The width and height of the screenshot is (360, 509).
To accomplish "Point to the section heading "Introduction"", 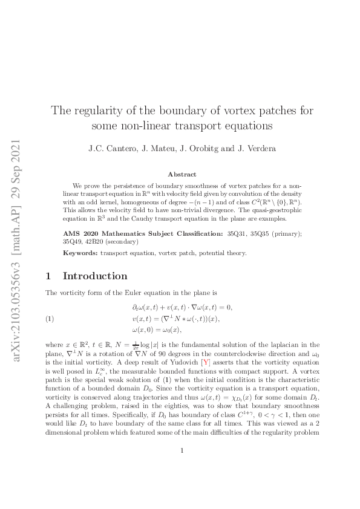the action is (x=95, y=276).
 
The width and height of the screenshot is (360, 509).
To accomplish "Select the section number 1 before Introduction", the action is (x=48, y=276).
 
